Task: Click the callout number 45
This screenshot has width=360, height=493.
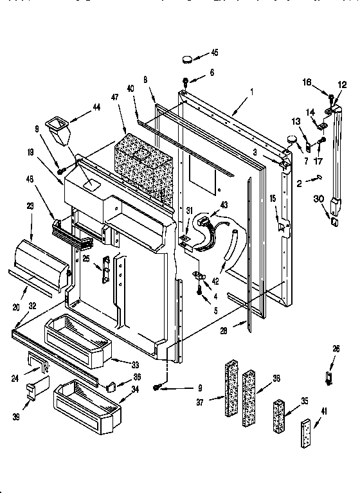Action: [215, 53]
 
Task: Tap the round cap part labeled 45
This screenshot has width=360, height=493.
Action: [187, 59]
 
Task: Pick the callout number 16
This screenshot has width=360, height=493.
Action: [307, 82]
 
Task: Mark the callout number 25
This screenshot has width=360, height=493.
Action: [86, 258]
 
